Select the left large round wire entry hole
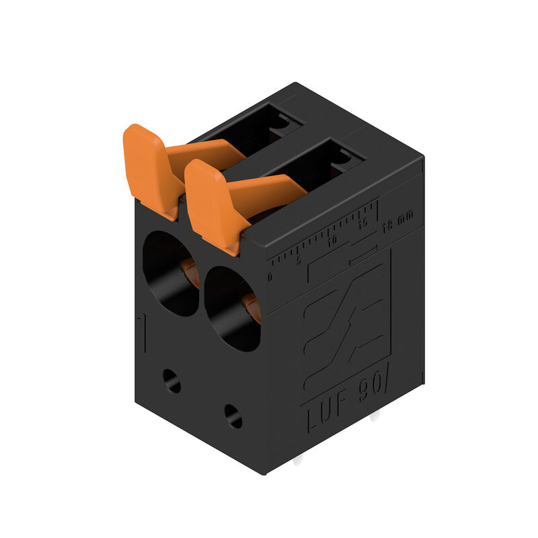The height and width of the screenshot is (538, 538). coord(168,272)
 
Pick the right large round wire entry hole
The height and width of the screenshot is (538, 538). coord(231,308)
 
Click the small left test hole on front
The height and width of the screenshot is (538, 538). coord(171,381)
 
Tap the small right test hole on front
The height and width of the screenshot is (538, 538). coord(233,416)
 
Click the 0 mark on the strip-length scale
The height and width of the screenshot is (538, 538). coord(270,276)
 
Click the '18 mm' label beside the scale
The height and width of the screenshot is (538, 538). coord(397,222)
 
